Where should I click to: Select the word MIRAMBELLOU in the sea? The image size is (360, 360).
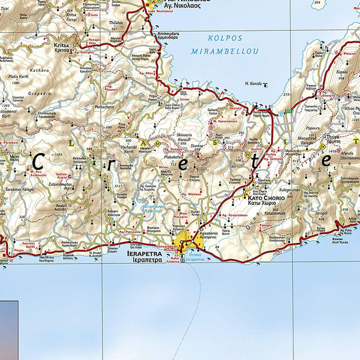point(224,52)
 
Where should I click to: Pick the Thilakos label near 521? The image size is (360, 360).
point(116,22)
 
